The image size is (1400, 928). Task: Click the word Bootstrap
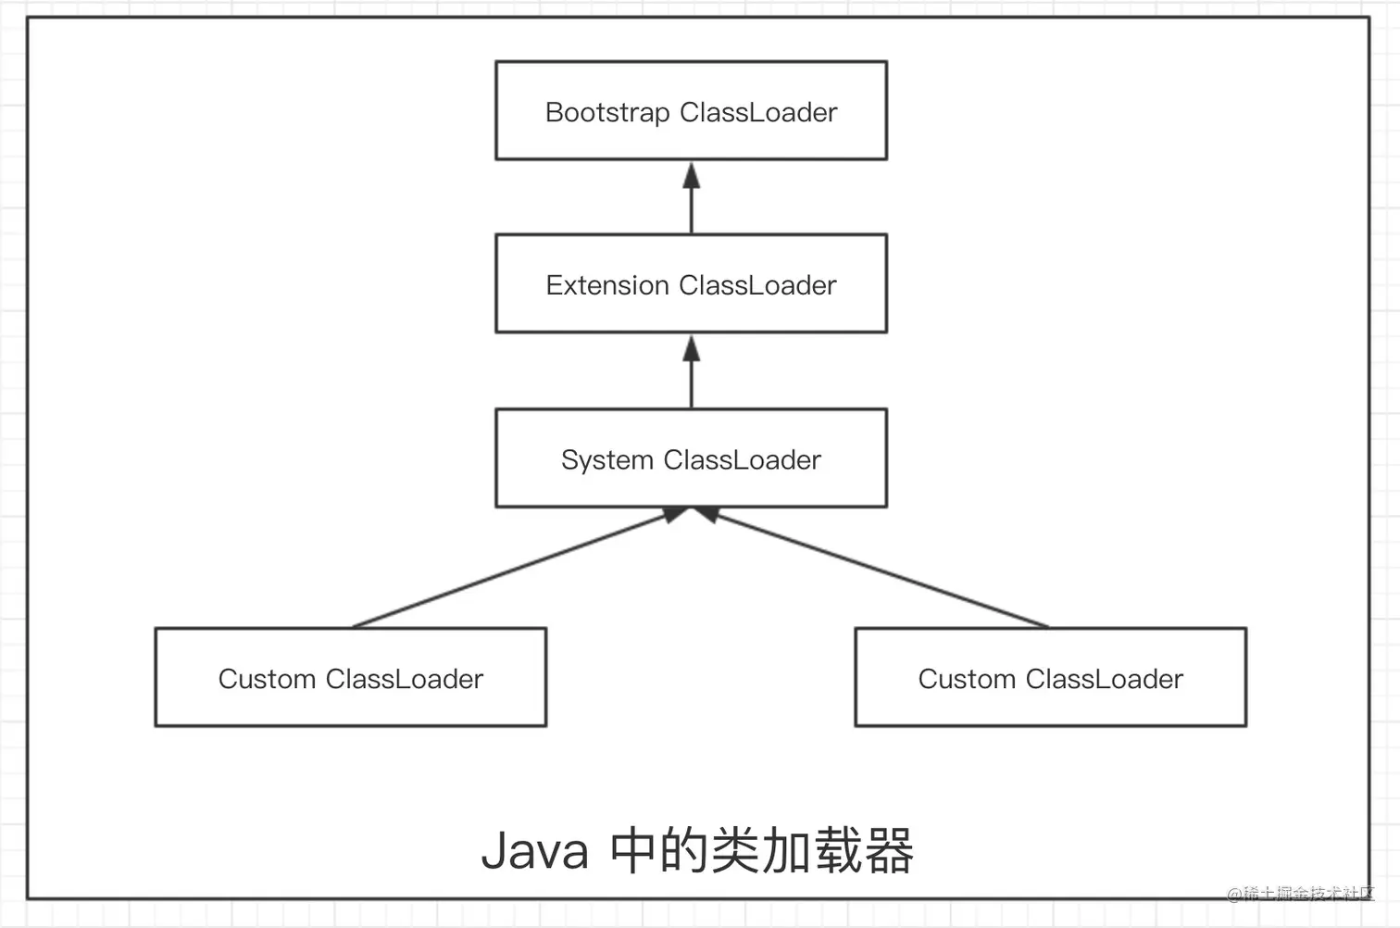tap(606, 113)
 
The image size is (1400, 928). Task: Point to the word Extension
tap(606, 285)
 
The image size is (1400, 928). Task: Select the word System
tap(606, 460)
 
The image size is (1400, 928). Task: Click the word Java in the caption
tap(534, 850)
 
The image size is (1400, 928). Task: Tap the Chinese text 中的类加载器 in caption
tap(761, 850)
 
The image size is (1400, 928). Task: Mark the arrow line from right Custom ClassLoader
tap(880, 570)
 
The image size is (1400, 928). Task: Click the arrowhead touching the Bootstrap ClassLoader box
tap(691, 174)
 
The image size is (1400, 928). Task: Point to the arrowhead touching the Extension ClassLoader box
tap(691, 348)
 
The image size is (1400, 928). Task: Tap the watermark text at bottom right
tap(1300, 894)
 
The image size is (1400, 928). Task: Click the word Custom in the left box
tap(267, 679)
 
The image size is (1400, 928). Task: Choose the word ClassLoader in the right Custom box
tap(1104, 679)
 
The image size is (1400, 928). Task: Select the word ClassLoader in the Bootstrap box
tap(757, 113)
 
